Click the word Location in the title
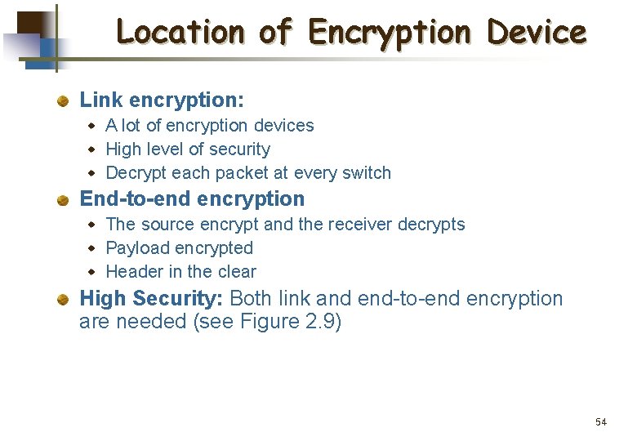[180, 33]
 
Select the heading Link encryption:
[162, 100]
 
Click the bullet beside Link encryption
[62, 101]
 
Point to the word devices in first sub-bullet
[283, 126]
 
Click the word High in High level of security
[123, 149]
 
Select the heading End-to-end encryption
[192, 199]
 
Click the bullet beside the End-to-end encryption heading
[62, 200]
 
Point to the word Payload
[136, 248]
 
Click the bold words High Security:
[152, 299]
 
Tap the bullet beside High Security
[62, 300]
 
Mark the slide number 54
[601, 422]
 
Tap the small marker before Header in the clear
[92, 272]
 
